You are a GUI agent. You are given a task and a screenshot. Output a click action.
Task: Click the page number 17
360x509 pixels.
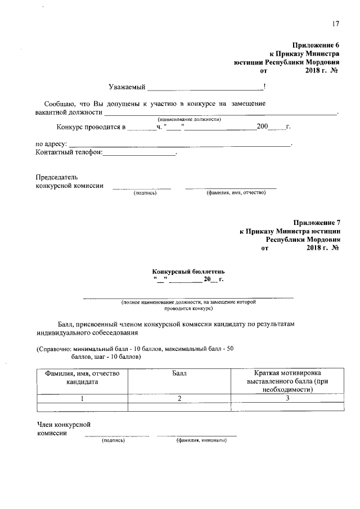pos(335,24)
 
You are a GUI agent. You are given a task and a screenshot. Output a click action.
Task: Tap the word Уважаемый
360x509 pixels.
pos(127,87)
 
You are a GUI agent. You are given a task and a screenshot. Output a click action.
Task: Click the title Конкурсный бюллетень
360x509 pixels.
pos(188,271)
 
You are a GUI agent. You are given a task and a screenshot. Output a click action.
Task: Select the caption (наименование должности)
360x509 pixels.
pos(189,119)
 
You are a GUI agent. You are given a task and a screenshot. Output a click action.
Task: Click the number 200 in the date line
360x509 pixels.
pos(263,127)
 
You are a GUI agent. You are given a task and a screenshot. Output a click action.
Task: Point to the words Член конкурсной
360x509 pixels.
pos(64,425)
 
